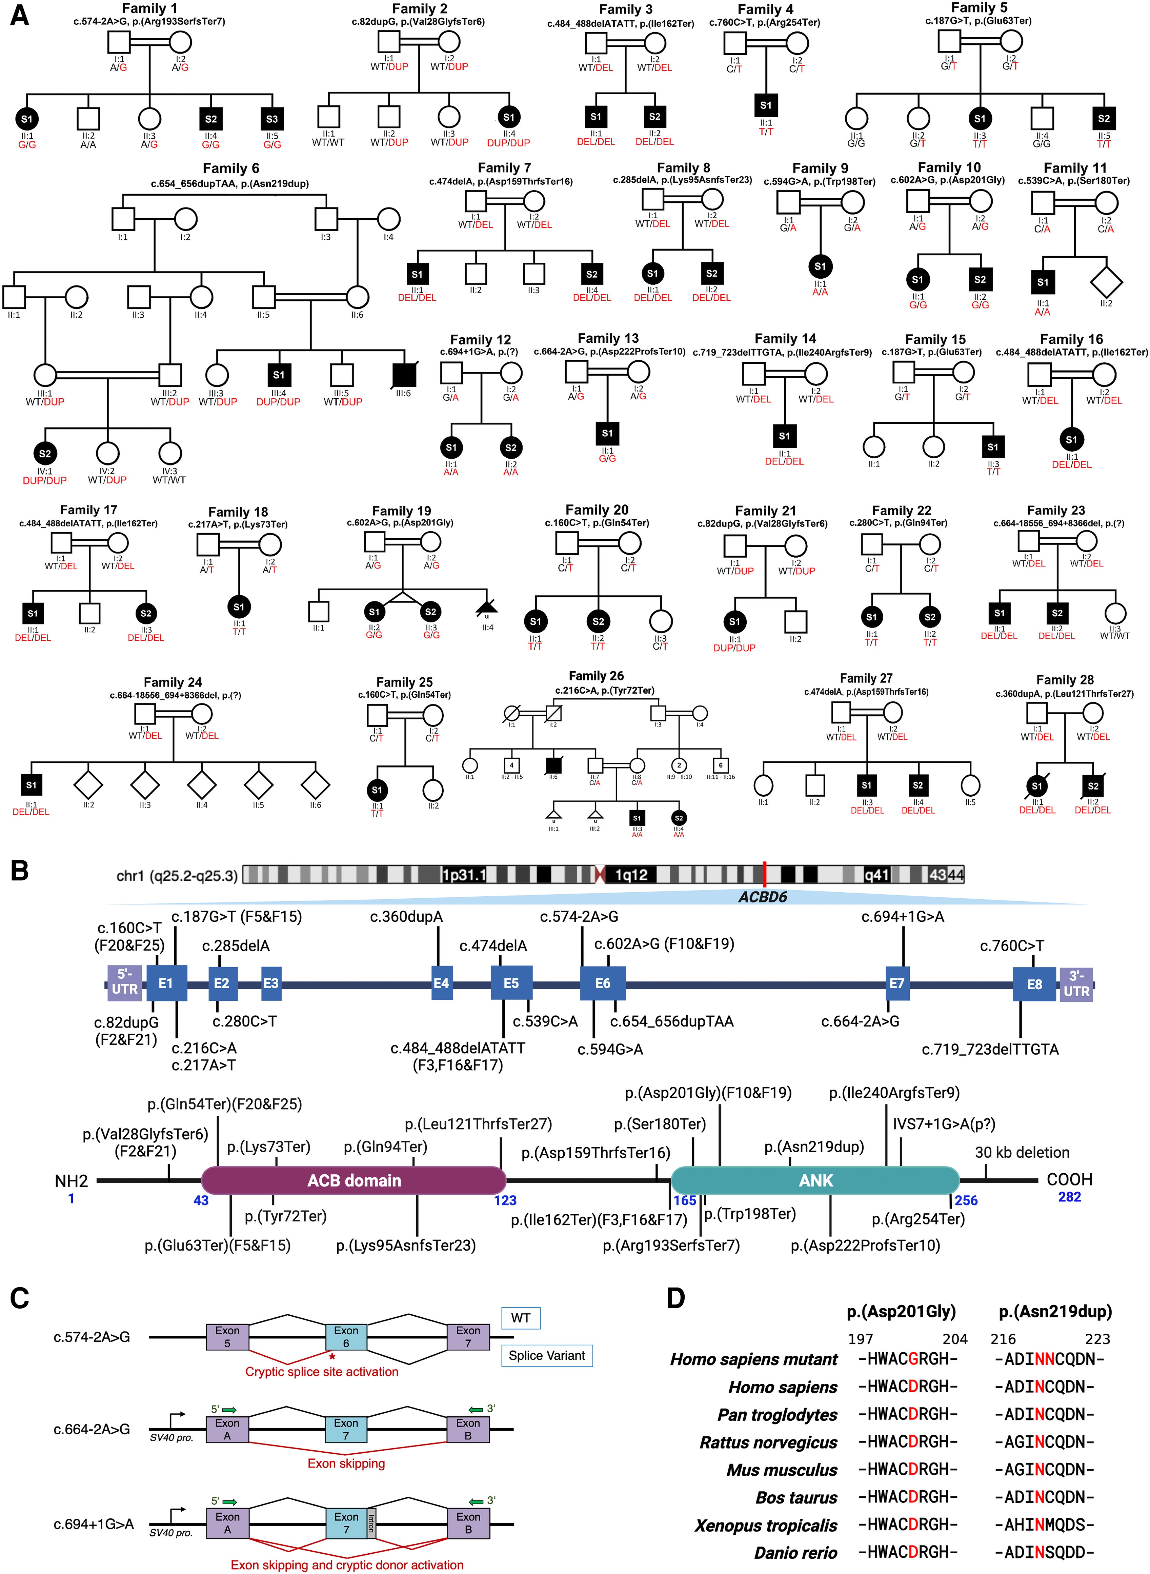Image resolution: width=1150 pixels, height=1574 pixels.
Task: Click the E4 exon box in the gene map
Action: (x=441, y=983)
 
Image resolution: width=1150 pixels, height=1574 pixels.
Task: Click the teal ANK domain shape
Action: (x=815, y=1181)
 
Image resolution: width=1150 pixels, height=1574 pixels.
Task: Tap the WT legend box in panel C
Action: (x=521, y=1318)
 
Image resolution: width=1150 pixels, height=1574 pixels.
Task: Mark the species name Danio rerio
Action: (x=796, y=1552)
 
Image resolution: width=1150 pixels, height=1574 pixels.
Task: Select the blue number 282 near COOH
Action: (x=1069, y=1197)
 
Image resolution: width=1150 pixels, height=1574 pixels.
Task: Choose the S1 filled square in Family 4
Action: (x=766, y=105)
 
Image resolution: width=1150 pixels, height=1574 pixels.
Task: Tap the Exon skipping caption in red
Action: (x=346, y=1463)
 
